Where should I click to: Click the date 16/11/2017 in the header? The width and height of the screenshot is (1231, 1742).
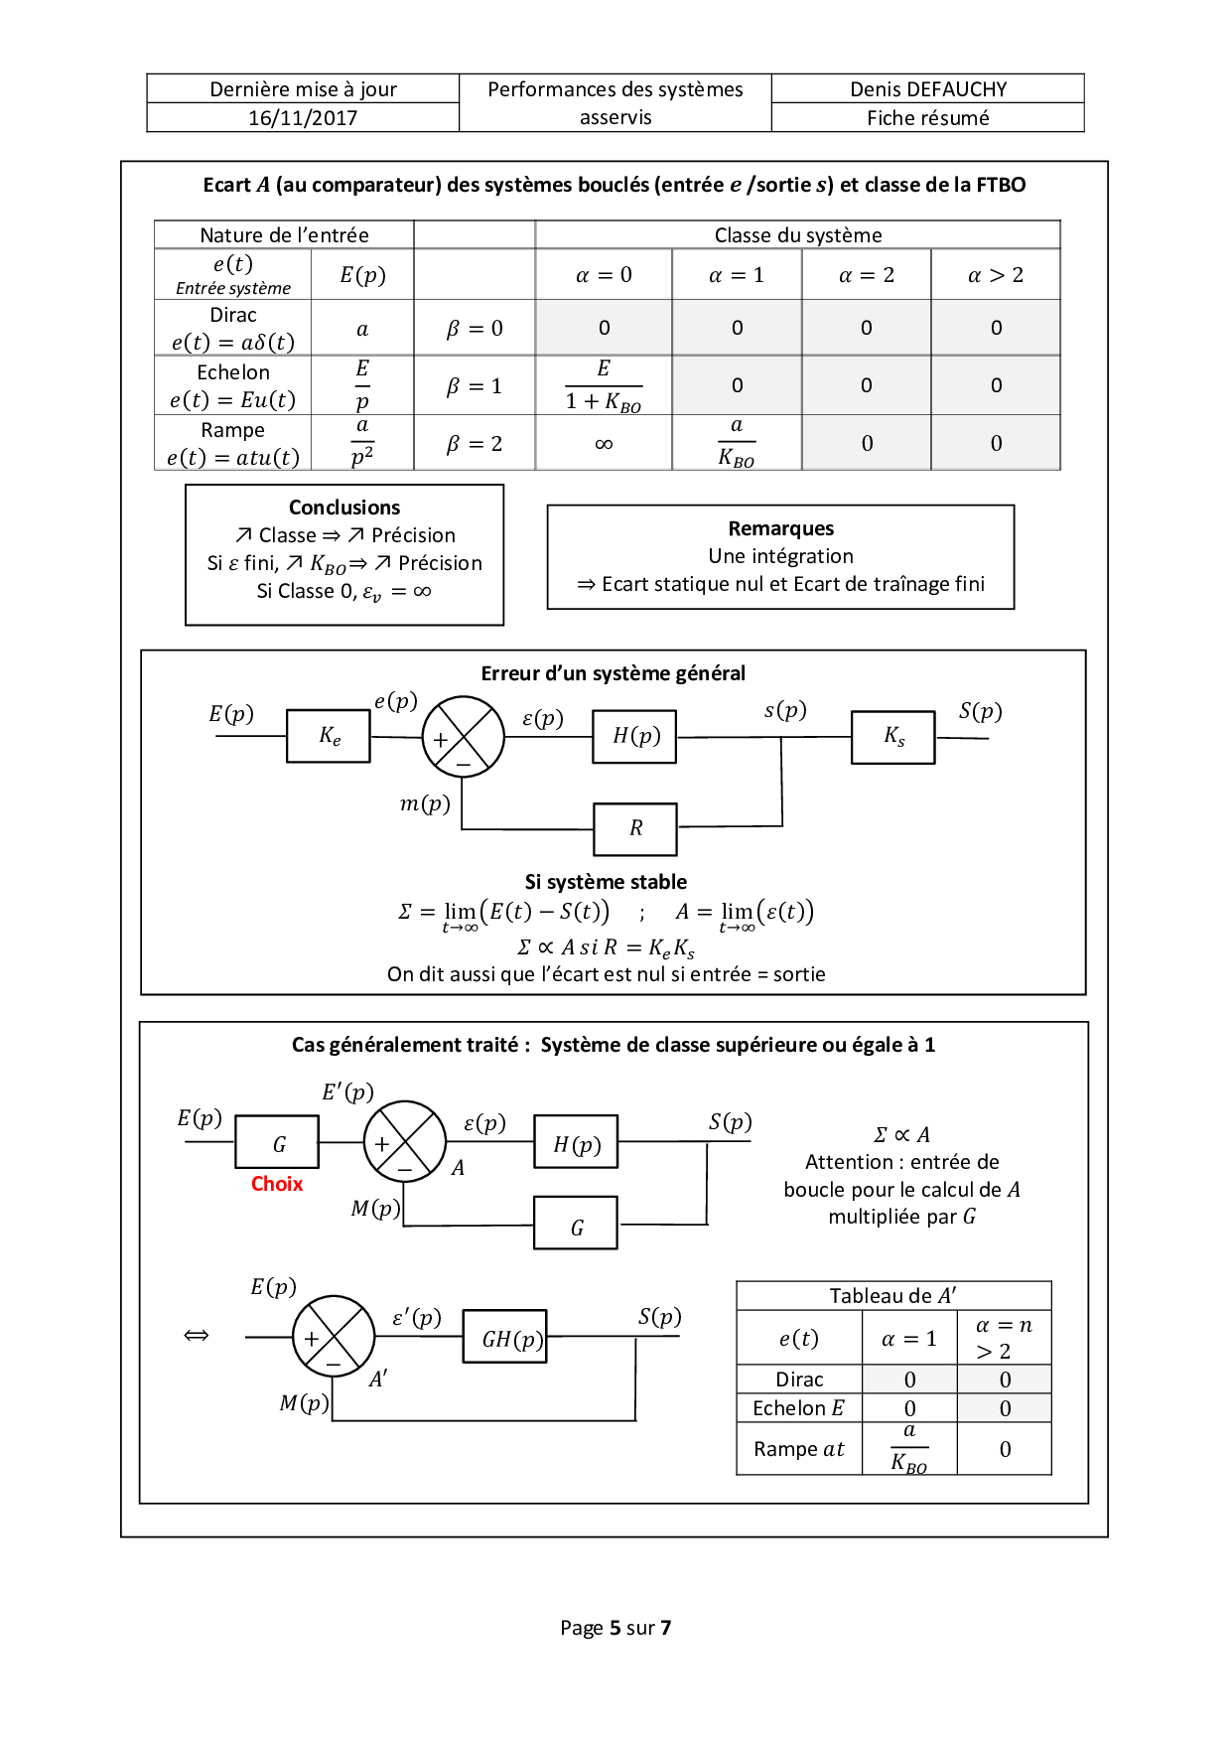coord(303,118)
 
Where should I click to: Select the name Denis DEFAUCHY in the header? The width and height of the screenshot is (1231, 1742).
coord(928,89)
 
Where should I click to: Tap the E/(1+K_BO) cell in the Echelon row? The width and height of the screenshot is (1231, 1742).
coord(604,385)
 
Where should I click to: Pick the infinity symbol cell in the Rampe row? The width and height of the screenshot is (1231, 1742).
coord(604,444)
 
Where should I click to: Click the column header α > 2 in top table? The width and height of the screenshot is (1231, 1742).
coord(996,275)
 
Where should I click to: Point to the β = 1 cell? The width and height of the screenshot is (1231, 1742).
coord(475,386)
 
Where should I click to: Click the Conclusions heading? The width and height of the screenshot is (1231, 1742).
coord(344,508)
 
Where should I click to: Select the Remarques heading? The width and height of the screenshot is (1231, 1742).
coord(780,528)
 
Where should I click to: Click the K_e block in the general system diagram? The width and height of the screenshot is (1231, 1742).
coord(329,736)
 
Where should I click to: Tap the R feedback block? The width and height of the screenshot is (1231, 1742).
coord(635,828)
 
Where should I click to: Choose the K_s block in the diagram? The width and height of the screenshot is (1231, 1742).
coord(893,736)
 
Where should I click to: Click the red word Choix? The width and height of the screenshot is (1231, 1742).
coord(277,1184)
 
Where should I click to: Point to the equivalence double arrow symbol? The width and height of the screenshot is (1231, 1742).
coord(197,1336)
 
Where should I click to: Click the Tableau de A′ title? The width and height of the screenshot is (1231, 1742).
coord(892,1296)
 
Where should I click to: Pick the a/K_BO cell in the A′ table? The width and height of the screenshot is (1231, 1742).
coord(909,1449)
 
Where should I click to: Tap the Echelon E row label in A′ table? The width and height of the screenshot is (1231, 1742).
coord(799,1408)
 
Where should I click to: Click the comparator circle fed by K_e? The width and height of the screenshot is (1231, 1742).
coord(464,737)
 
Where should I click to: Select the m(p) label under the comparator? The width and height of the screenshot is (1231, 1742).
coord(425,803)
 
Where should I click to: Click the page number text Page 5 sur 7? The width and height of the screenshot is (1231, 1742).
coord(615,1628)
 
